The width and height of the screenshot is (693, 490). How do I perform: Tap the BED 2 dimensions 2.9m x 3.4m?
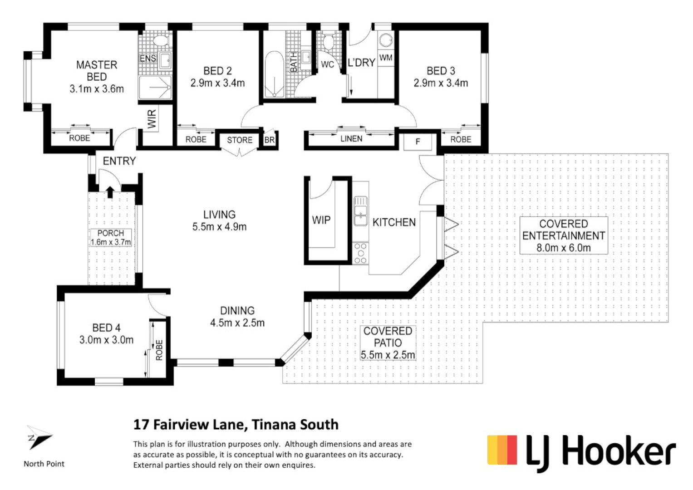(x=217, y=83)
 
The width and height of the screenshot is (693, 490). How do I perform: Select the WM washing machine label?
(x=385, y=58)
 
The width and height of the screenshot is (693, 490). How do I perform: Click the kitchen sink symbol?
(x=361, y=211)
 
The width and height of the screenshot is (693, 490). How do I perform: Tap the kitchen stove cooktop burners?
(x=361, y=253)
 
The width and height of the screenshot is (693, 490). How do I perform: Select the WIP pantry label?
(x=321, y=220)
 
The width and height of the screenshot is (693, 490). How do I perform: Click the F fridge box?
(x=418, y=142)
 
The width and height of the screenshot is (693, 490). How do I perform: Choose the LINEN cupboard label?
(x=351, y=139)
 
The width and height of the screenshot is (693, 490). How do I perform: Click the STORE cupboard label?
(x=240, y=140)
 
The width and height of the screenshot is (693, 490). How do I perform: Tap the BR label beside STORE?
(x=270, y=140)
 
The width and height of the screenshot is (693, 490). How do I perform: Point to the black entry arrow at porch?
(x=109, y=191)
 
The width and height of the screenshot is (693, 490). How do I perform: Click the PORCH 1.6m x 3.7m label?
(x=111, y=238)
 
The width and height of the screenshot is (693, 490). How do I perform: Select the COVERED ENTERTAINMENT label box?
(x=563, y=235)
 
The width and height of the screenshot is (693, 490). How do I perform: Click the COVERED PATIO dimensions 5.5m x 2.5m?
(x=388, y=355)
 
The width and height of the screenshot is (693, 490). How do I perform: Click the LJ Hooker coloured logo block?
(x=502, y=450)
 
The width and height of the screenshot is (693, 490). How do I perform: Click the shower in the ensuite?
(x=155, y=87)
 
